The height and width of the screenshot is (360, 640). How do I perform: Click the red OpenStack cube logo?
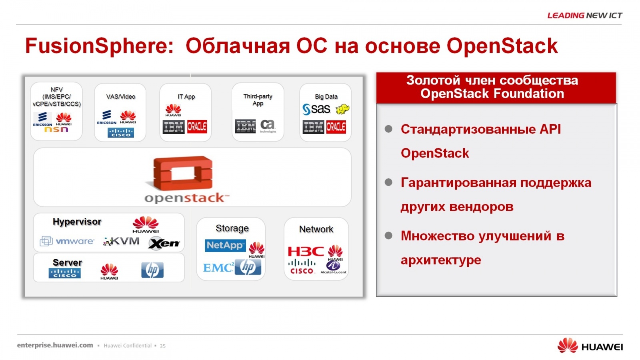pos(182,173)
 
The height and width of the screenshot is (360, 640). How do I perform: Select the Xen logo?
pos(164,243)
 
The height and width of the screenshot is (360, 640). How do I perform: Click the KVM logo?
pos(121,241)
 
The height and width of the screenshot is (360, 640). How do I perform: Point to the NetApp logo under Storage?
pos(225,245)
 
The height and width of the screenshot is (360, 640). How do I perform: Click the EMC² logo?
pos(218,268)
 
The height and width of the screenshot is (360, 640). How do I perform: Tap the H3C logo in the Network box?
pos(306,251)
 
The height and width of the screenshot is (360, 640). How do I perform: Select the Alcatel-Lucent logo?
pos(333,267)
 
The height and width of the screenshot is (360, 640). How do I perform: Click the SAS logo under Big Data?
pos(316,109)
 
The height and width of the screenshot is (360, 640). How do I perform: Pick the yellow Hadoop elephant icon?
pos(342,109)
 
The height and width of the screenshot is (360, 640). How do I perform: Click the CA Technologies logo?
pos(268,126)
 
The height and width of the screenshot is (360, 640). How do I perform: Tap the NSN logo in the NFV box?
pos(56,130)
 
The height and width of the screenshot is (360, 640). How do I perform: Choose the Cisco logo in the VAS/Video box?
pos(120,132)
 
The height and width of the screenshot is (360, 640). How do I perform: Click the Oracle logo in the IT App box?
pos(197,127)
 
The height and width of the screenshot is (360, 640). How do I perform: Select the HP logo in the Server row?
pos(152,270)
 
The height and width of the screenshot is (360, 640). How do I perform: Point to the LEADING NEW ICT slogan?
pos(584,16)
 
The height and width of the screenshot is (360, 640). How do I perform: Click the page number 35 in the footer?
pos(162,346)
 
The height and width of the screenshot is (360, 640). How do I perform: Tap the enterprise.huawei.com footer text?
pos(55,345)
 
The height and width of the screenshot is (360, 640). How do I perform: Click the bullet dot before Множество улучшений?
pos(388,236)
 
